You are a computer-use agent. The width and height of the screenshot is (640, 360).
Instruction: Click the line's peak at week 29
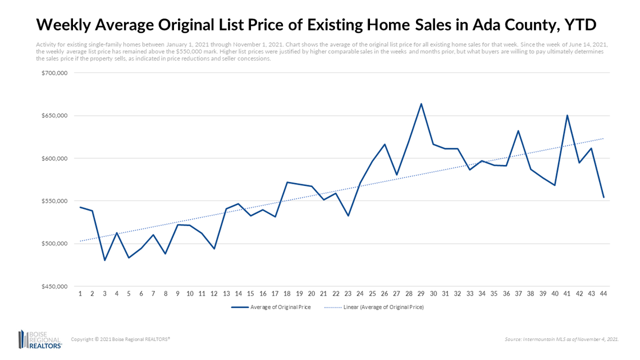(x=421, y=103)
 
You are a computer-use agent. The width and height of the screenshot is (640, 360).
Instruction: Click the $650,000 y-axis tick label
(x=55, y=116)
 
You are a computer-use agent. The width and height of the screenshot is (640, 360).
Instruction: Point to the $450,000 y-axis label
(x=55, y=286)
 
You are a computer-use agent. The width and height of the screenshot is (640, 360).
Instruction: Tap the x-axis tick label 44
(x=604, y=294)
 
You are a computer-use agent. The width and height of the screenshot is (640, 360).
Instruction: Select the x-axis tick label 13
(x=226, y=294)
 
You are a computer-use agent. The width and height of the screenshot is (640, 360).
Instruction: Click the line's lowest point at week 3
(x=104, y=261)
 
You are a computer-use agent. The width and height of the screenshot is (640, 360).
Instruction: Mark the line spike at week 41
(x=567, y=115)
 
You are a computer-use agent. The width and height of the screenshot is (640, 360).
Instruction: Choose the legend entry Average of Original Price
(x=271, y=307)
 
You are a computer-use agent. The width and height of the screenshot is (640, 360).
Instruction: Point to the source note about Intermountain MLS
(x=561, y=339)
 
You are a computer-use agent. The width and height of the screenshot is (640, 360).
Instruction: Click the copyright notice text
(x=120, y=339)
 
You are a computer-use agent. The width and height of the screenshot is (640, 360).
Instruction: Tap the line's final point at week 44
(x=604, y=197)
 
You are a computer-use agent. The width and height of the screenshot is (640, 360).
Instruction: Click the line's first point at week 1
(x=80, y=207)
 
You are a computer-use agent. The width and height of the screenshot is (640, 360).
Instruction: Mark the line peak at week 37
(x=518, y=130)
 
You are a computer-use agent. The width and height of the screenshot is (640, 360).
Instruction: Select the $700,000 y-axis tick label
(x=55, y=73)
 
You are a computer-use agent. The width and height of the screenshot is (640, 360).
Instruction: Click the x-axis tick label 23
(x=348, y=294)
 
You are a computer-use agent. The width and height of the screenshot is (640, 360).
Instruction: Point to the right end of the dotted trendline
(x=604, y=138)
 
